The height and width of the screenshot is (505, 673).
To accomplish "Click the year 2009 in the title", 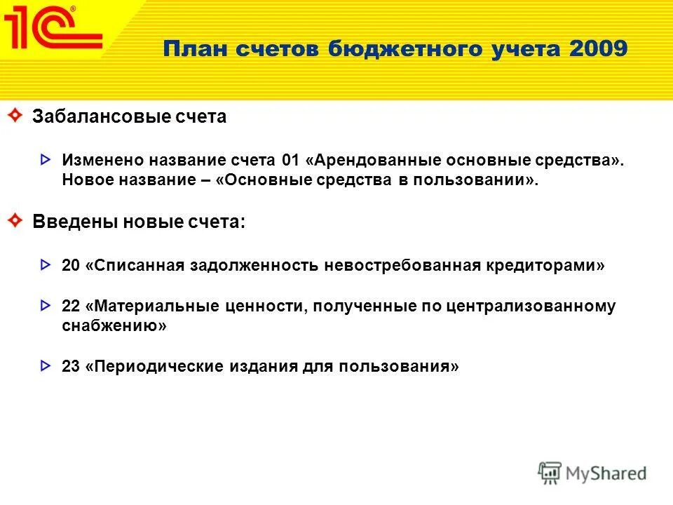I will coord(599,50).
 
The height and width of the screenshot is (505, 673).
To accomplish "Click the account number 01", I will coord(290,159).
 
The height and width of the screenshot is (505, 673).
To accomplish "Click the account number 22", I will coord(71,307).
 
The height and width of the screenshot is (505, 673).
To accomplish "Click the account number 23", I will coord(71,366).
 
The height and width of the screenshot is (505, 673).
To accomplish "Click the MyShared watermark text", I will coord(606,473).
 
